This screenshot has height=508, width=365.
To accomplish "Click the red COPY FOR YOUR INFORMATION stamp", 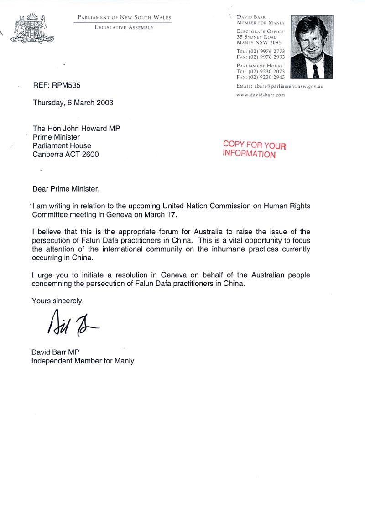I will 254,150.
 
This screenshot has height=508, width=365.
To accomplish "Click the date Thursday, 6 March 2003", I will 73,103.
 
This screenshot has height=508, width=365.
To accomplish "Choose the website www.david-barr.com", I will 261,95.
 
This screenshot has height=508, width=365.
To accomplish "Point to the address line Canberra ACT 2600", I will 66,154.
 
